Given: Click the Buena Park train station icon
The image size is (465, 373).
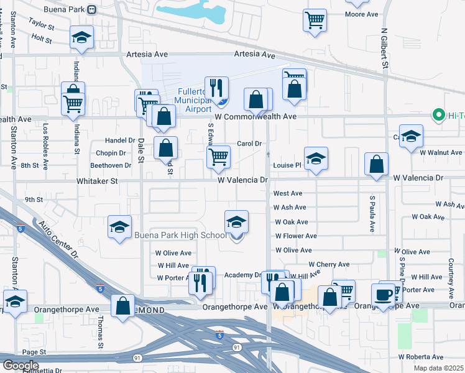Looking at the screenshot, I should (92, 9).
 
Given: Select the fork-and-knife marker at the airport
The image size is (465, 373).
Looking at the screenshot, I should (216, 88).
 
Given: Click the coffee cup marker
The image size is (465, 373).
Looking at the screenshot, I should (384, 294).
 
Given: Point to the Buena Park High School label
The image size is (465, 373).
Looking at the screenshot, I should (181, 236).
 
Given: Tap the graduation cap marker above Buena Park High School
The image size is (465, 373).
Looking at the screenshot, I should (236, 222).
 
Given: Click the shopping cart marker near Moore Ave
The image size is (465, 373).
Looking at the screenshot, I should (315, 20).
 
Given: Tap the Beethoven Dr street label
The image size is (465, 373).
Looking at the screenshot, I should (111, 165).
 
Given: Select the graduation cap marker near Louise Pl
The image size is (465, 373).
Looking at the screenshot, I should (316, 159).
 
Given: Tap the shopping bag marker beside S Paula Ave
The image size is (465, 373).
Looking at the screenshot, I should (376, 165).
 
